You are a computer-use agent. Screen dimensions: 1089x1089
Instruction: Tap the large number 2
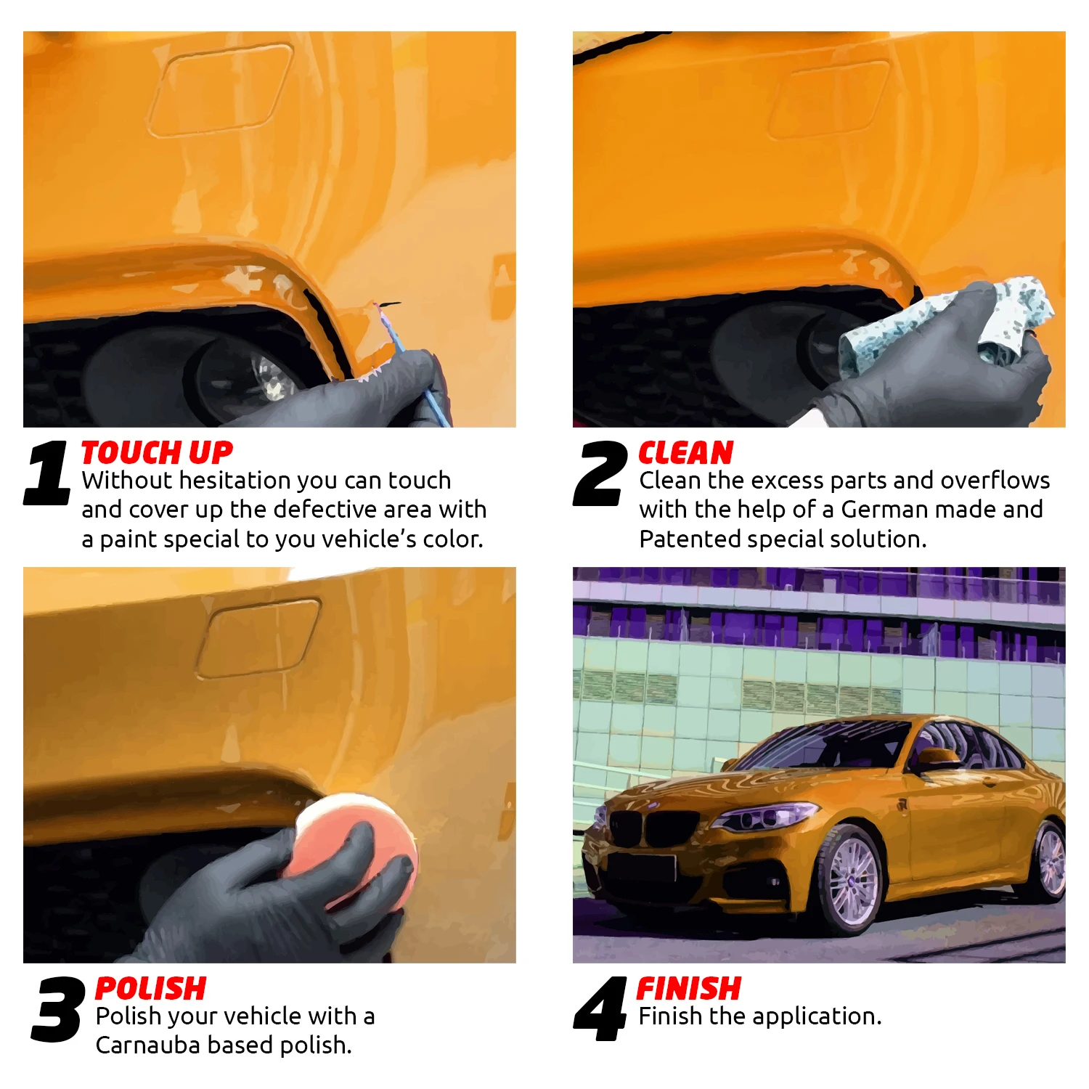[600, 473]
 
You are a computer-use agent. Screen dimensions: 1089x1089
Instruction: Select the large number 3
[57, 1009]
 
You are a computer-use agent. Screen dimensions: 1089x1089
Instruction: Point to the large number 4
[600, 1009]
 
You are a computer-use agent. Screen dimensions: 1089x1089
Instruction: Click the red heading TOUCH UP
[157, 453]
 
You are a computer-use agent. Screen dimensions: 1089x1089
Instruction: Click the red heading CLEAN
[685, 453]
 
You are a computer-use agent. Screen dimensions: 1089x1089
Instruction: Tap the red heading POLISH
[150, 989]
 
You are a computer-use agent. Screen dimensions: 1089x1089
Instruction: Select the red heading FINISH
[688, 989]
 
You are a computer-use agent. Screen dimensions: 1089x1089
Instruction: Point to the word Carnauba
[148, 1045]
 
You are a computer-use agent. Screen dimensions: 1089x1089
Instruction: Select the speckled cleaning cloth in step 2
[944, 323]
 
